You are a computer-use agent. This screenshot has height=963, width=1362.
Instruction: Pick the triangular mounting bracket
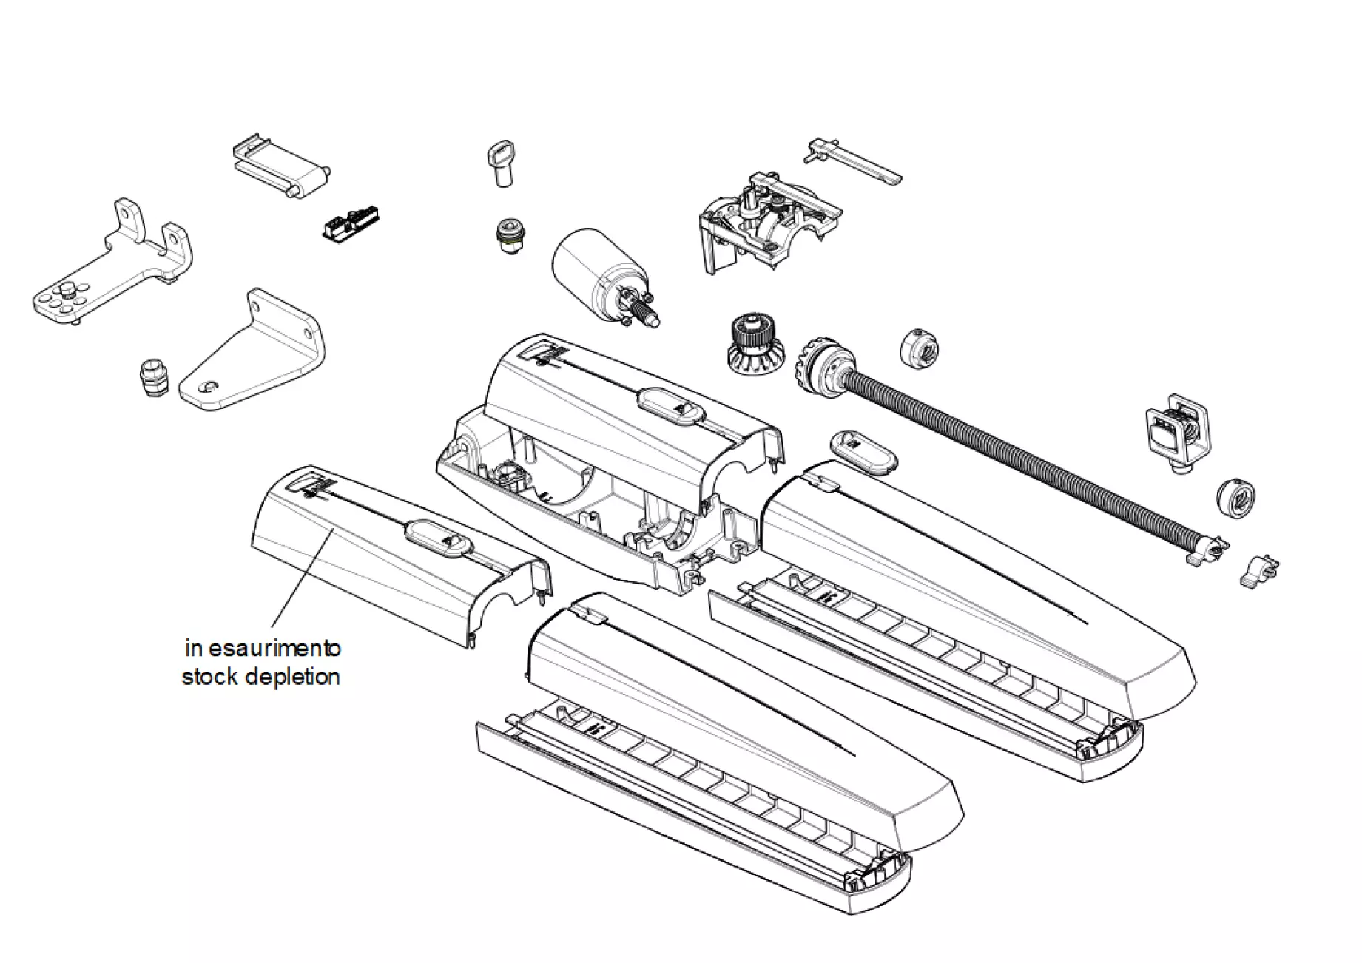pyautogui.click(x=252, y=355)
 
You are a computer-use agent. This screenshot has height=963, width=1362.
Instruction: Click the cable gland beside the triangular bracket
pyautogui.click(x=153, y=379)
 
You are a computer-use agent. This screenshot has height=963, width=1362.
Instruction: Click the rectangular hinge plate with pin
pyautogui.click(x=280, y=168)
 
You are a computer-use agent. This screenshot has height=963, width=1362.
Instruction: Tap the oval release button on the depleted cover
pyautogui.click(x=439, y=538)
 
